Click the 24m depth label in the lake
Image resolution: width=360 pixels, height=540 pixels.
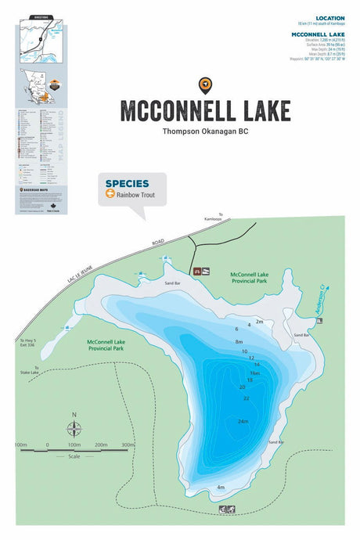243,422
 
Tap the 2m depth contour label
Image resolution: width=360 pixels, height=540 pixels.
259,322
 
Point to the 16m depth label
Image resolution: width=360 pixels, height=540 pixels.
254,373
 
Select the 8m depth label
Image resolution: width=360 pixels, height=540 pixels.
239,342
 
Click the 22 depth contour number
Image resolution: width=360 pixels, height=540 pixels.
246,398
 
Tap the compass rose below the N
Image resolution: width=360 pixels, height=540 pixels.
74,428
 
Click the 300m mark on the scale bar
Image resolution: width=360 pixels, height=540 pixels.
128,445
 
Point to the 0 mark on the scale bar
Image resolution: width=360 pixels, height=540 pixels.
48,445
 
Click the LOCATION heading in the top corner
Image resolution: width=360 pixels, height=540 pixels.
329,18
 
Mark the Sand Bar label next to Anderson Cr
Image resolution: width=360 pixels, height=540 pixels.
302,335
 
